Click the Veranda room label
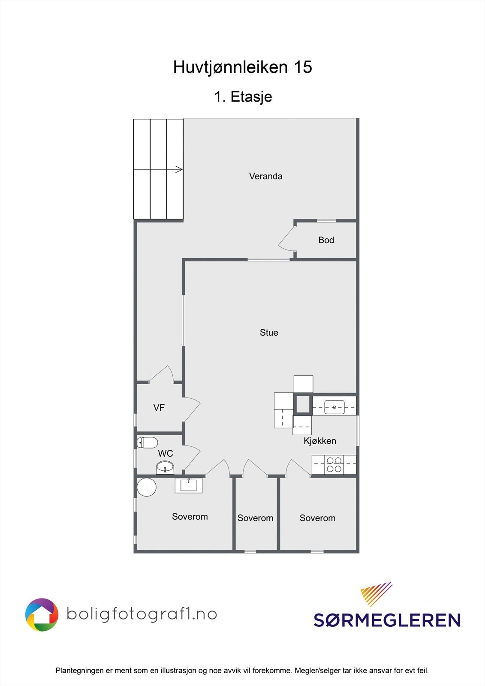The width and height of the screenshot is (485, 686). coord(265,176)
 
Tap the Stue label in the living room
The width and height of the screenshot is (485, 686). coord(269,333)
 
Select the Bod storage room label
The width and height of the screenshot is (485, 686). coord(326,240)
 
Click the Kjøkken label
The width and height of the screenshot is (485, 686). coord(320,441)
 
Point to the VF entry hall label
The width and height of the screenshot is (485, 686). coord(159,407)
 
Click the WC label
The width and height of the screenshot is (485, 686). coord(166,453)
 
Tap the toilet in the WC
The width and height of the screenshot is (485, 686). coord(148,443)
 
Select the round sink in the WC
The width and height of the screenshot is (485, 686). coord(165,468)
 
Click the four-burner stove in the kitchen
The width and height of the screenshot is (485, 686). coord(334,465)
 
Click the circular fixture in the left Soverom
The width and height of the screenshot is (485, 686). coord(147,487)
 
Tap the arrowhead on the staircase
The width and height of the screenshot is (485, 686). coord(179,169)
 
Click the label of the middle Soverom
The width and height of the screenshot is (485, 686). coord(255,518)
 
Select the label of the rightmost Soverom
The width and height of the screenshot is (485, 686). coord(317,518)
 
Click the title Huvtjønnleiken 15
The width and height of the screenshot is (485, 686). coord(243,67)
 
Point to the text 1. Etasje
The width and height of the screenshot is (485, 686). coord(243,97)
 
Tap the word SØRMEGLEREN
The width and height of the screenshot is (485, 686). coord(387,620)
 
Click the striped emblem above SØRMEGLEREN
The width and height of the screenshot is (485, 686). coord(376,594)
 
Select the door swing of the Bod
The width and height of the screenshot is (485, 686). coord(286,239)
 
